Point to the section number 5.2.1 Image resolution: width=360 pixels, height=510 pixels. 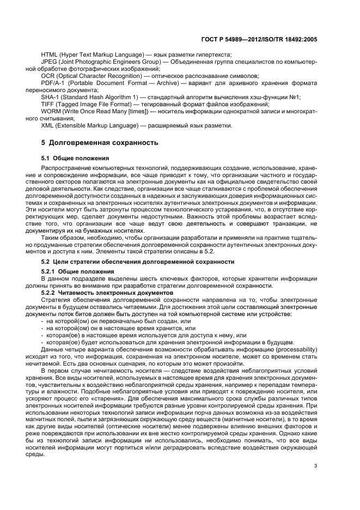click(50, 271)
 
